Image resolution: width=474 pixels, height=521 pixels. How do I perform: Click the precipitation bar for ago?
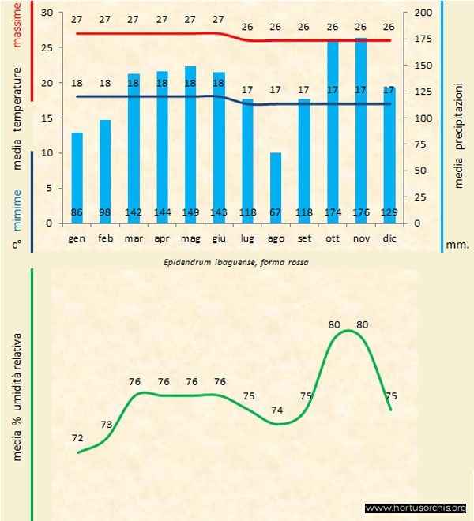click(x=276, y=182)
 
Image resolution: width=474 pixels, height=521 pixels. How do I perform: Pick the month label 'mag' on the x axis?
click(x=190, y=238)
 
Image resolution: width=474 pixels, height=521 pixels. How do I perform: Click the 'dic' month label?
click(x=389, y=238)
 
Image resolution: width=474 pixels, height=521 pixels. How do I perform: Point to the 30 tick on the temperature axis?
click(x=46, y=13)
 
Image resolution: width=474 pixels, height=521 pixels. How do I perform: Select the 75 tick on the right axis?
click(x=425, y=144)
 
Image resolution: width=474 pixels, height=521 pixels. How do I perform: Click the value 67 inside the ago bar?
click(x=276, y=213)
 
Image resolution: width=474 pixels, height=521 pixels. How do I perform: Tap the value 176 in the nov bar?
click(x=361, y=213)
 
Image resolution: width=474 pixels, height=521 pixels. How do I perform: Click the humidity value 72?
click(x=77, y=437)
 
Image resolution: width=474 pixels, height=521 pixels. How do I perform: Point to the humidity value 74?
click(x=276, y=410)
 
